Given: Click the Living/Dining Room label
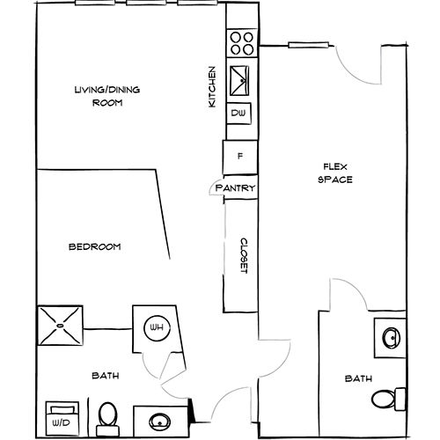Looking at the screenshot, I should [x=106, y=95].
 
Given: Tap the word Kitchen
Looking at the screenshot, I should [x=211, y=87].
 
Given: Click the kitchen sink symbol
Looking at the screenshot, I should [x=240, y=82].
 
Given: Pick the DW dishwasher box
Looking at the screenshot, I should [x=238, y=114].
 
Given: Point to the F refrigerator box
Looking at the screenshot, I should [x=239, y=158].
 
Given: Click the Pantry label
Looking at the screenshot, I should [x=235, y=187].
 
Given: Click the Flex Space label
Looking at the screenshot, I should [x=337, y=172].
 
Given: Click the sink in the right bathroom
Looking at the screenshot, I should [x=391, y=335].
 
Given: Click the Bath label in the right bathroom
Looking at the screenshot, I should [x=358, y=378].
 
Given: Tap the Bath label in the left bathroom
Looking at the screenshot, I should [x=106, y=377].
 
